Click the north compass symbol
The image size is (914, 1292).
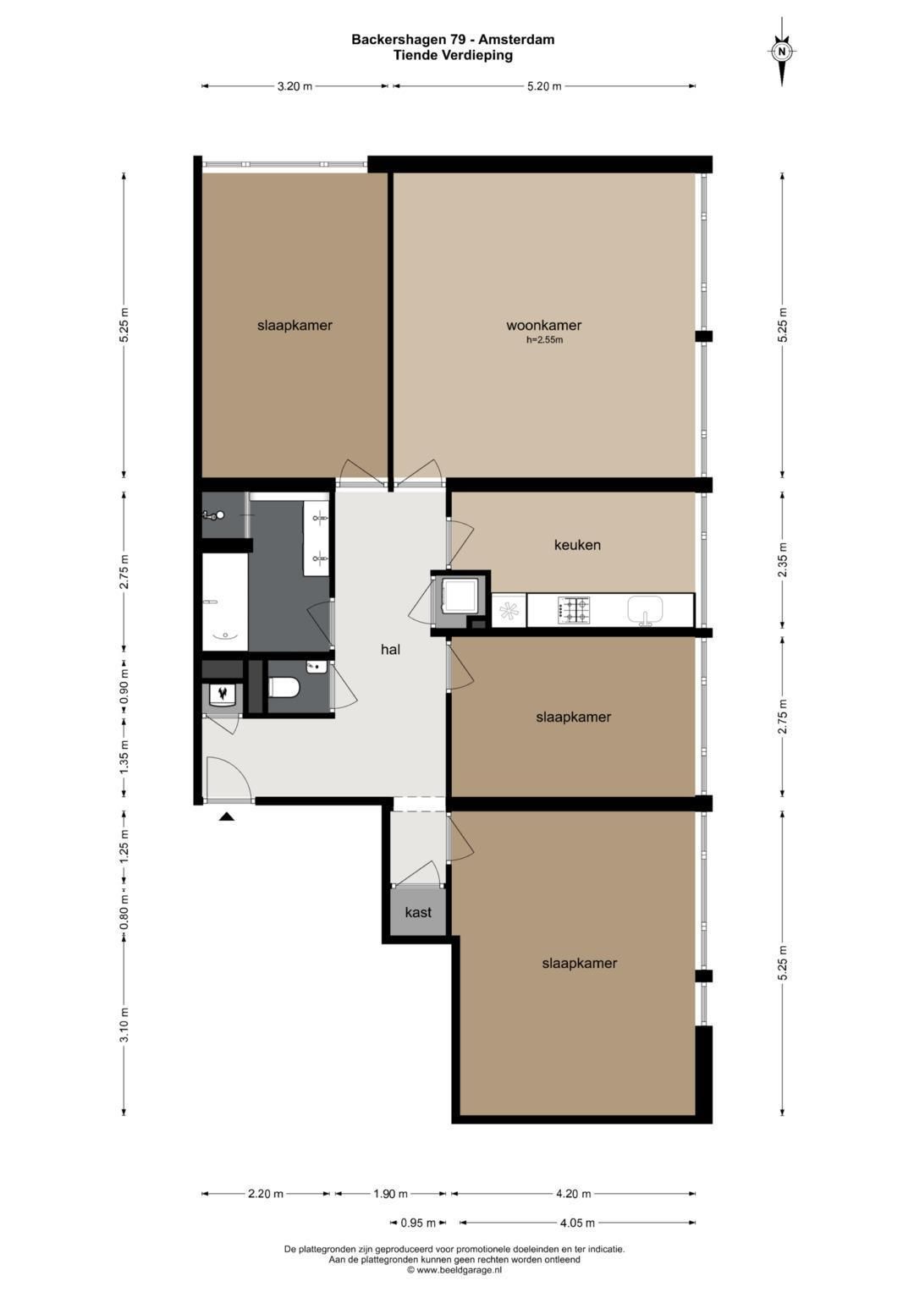point(782,52)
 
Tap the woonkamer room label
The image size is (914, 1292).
point(543,325)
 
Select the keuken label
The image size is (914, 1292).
point(577,545)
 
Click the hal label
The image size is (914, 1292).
point(390,650)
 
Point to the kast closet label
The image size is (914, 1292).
point(418,912)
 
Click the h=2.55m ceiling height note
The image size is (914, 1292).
point(544,340)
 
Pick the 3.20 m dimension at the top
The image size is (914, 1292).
point(295,86)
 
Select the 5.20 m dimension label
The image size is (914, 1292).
point(544,86)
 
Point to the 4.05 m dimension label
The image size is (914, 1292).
point(577,1223)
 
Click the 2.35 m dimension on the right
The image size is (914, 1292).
point(783,560)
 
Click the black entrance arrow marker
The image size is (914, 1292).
point(227,816)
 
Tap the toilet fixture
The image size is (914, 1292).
point(284,688)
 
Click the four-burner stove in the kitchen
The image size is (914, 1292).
point(574,610)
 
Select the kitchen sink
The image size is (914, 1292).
point(646,610)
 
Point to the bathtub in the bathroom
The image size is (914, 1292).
point(225,602)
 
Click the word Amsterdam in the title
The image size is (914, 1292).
point(516,40)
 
